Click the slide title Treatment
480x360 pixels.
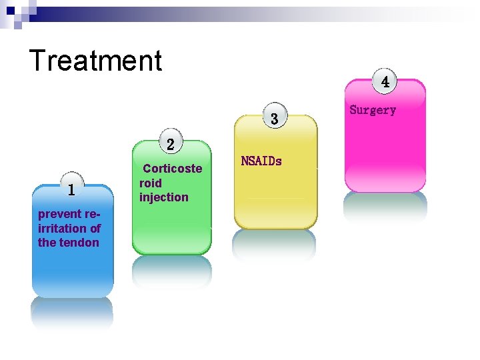(95, 60)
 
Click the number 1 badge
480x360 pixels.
(71, 190)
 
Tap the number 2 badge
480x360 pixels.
(171, 144)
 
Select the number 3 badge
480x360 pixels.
(273, 119)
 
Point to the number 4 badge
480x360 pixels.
(385, 83)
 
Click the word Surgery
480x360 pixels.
(373, 110)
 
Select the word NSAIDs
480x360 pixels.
(261, 161)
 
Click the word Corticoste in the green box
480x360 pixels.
(172, 169)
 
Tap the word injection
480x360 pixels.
(163, 197)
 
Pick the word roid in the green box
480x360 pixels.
(150, 183)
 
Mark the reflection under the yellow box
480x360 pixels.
(273, 245)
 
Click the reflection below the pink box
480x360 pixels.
(385, 207)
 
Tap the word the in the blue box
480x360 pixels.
(47, 242)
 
